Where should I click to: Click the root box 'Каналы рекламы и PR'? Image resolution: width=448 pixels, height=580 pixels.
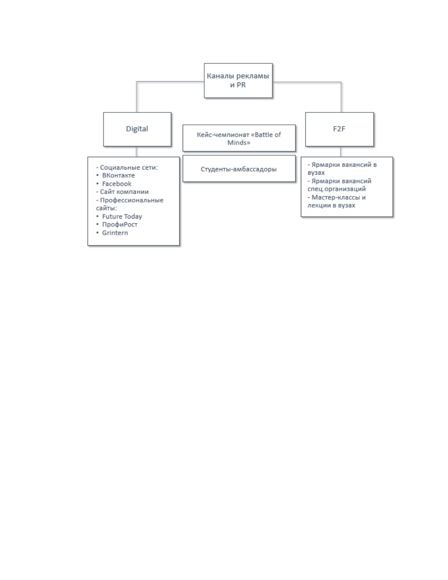(238, 80)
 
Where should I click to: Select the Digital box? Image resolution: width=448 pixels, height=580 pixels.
(137, 129)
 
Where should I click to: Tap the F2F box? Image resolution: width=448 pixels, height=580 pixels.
(339, 129)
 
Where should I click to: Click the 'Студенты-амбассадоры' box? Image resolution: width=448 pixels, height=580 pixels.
(239, 168)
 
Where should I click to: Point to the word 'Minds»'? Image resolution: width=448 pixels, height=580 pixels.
(239, 143)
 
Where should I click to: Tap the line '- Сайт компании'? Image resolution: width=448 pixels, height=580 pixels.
(122, 192)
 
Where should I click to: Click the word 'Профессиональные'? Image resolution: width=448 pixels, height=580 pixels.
(131, 200)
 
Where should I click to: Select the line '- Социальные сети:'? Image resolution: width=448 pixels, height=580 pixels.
(127, 167)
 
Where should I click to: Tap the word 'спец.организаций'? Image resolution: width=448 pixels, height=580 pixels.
(336, 189)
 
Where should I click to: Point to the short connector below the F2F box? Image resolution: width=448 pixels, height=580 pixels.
(340, 152)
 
